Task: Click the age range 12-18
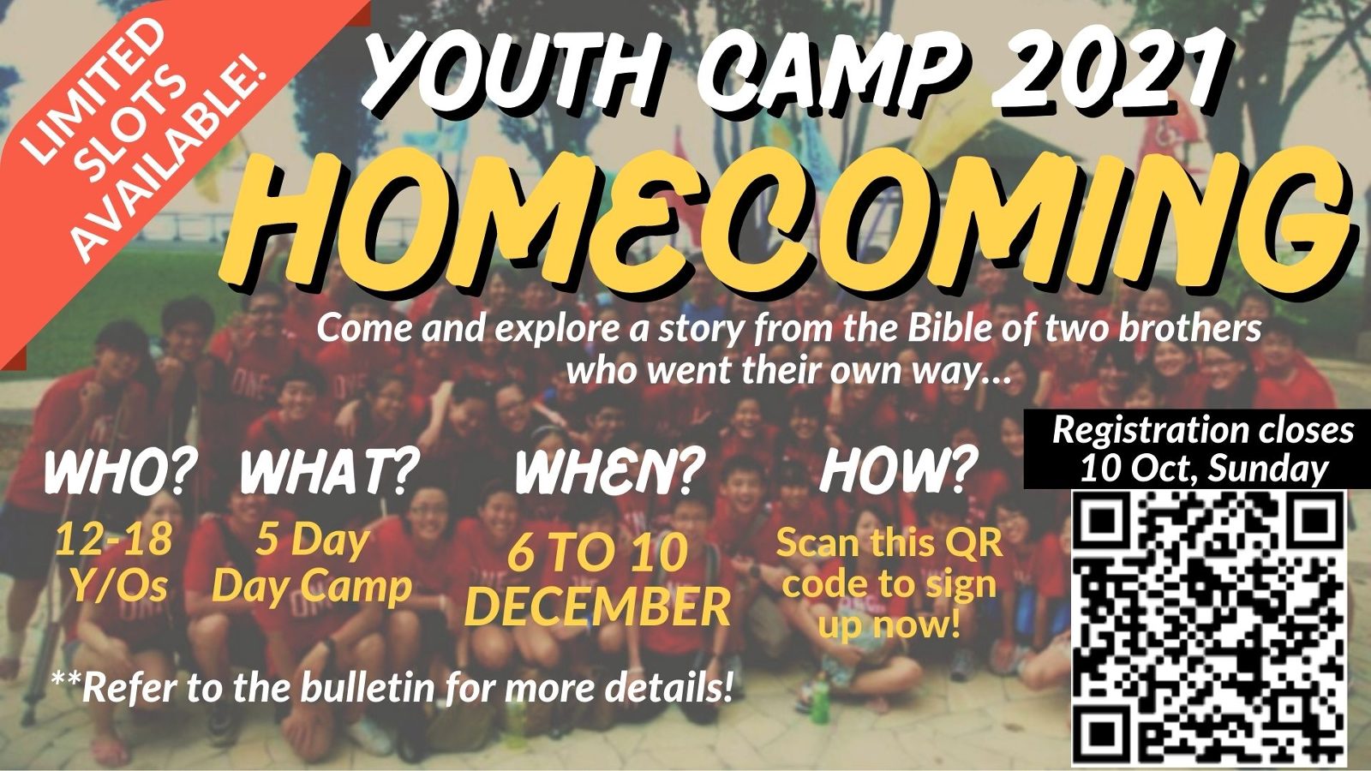pyautogui.click(x=114, y=541)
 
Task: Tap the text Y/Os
pyautogui.click(x=118, y=586)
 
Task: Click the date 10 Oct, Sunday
pyautogui.click(x=1204, y=469)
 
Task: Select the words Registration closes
pyautogui.click(x=1203, y=430)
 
